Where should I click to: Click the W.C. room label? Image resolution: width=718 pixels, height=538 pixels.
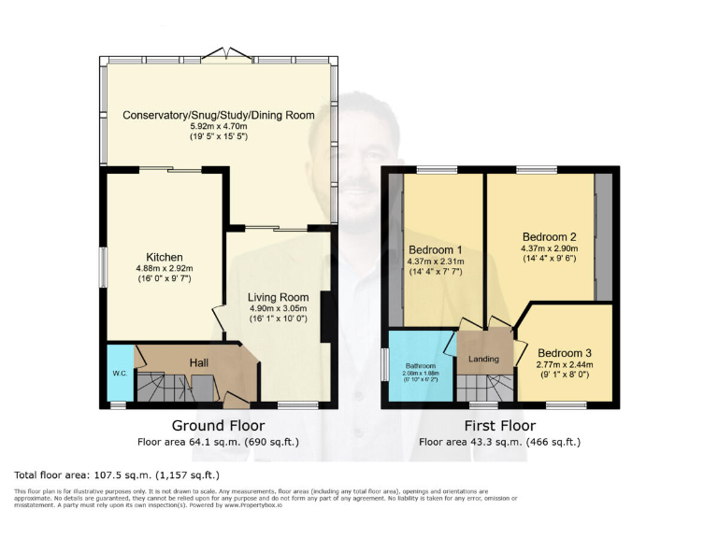(120, 374)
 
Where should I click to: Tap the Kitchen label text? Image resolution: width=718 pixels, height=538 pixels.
(164, 258)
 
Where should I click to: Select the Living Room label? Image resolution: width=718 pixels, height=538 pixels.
(279, 297)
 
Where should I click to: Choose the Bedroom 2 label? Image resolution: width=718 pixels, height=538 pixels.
(549, 236)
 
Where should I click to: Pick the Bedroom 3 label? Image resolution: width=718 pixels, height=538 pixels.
(565, 353)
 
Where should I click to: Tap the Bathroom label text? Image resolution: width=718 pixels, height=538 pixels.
(421, 367)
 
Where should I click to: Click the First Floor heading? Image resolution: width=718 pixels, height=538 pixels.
(499, 425)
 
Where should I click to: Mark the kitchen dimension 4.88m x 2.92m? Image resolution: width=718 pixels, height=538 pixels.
(164, 268)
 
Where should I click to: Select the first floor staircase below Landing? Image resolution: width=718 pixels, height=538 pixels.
(483, 385)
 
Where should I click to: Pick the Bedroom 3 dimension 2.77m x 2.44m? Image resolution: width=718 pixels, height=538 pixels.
(565, 366)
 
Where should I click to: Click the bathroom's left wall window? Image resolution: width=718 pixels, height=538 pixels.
(384, 365)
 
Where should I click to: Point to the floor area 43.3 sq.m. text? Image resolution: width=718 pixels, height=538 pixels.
(499, 441)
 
